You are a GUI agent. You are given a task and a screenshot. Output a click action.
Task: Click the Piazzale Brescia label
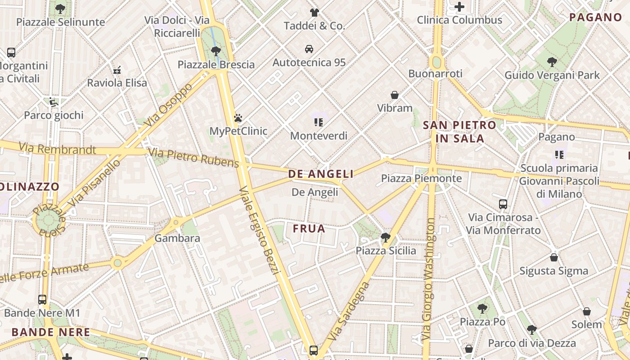pyautogui.click(x=216, y=65)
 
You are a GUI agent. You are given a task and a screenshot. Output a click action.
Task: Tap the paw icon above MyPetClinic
pyautogui.click(x=238, y=118)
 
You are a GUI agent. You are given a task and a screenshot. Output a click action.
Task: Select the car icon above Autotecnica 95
pyautogui.click(x=309, y=49)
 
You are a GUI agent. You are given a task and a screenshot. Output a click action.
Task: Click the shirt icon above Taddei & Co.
pyautogui.click(x=314, y=12)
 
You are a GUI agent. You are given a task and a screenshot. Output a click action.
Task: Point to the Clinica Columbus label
pyautogui.click(x=459, y=20)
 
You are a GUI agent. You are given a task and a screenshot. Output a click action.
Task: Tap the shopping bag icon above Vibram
pyautogui.click(x=395, y=95)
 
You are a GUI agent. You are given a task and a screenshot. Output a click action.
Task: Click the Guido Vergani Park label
pyautogui.click(x=552, y=75)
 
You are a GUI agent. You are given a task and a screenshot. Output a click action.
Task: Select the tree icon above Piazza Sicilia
pyautogui.click(x=385, y=237)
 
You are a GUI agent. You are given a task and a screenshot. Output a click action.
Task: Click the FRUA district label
pyautogui.click(x=309, y=229)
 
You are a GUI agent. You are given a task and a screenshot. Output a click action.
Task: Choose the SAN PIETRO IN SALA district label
pyautogui.click(x=459, y=132)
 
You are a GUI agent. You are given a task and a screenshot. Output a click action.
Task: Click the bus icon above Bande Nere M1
pyautogui.click(x=42, y=299)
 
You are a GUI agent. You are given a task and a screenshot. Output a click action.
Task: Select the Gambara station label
pyautogui.click(x=177, y=238)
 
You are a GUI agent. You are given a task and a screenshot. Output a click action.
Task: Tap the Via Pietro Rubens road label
pyautogui.click(x=193, y=157)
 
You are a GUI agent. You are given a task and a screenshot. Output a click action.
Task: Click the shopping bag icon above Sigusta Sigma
pyautogui.click(x=554, y=257)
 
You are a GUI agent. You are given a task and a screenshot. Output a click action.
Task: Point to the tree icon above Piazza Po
pyautogui.click(x=482, y=308)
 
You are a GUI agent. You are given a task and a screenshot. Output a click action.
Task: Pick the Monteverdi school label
pyautogui.click(x=319, y=135)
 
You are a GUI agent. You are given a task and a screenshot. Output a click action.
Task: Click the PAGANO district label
pyautogui.click(x=595, y=18)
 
